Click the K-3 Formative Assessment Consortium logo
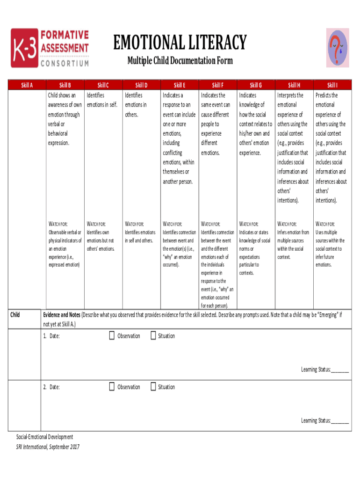click(x=50, y=48)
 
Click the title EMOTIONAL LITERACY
click(x=180, y=43)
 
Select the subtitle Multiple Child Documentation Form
click(x=180, y=61)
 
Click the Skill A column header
click(x=27, y=85)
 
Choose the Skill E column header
click(x=180, y=85)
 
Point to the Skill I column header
click(x=332, y=85)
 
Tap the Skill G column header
click(x=256, y=85)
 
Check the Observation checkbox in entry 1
click(x=112, y=335)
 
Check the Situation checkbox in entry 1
click(x=153, y=335)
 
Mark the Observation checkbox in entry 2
click(x=112, y=386)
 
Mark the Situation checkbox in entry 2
click(x=153, y=386)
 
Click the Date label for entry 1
click(x=54, y=336)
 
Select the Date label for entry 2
click(x=54, y=387)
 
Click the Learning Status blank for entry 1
click(x=340, y=370)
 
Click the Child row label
click(x=15, y=314)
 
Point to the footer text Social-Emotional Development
click(x=45, y=437)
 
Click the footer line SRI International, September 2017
click(x=48, y=447)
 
